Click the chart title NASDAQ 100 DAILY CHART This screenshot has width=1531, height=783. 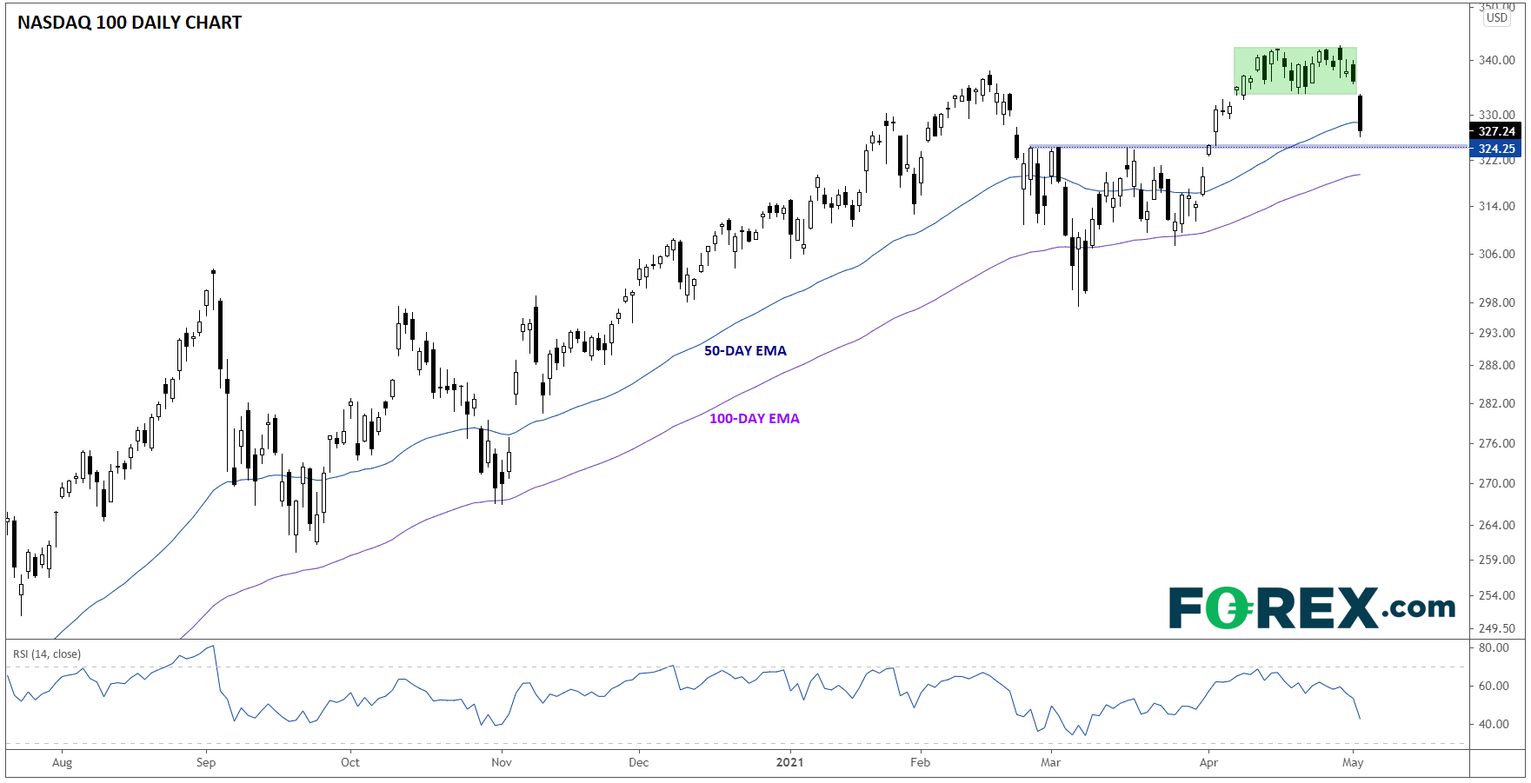pos(130,23)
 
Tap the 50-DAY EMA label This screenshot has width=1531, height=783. pos(745,351)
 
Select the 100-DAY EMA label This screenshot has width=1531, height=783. pos(754,419)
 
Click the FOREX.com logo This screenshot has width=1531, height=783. pos(1311,607)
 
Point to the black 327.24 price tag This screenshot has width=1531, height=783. pos(1496,131)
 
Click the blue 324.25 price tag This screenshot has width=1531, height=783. pos(1496,149)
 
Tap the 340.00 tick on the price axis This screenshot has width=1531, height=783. pos(1496,60)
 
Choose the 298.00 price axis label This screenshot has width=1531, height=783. pos(1496,302)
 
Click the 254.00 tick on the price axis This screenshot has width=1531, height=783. pos(1496,595)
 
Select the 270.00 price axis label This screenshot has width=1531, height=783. pos(1496,483)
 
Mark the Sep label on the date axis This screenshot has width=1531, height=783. pos(206,763)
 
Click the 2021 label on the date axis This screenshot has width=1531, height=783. pos(789,763)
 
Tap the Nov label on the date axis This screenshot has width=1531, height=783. pos(502,763)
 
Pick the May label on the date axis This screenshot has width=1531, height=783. pos(1353,763)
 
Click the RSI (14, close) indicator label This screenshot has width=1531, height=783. pos(47,654)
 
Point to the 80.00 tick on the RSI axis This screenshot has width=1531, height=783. pos(1494,647)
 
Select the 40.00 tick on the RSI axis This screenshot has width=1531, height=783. pos(1494,724)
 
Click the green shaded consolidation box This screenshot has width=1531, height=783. pos(1295,70)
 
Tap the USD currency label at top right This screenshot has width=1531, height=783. pos(1497,17)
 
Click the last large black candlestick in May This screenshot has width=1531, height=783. pos(1360,113)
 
